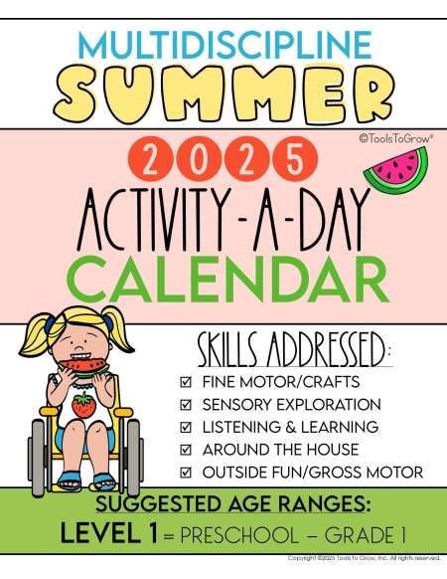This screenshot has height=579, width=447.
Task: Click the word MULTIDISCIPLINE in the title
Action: pos(224,45)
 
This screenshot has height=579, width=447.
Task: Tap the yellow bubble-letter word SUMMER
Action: pos(223,95)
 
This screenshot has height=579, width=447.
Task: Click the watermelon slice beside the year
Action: pos(397,172)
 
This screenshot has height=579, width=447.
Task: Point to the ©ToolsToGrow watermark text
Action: pos(396,138)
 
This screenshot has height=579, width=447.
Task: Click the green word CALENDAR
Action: pos(229,280)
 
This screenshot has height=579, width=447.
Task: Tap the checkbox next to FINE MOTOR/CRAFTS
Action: pos(186,382)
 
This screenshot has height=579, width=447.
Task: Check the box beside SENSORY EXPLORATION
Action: pos(186,405)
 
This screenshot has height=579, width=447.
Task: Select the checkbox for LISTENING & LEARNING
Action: pos(186,427)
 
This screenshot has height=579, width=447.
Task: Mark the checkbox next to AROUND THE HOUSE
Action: pos(186,450)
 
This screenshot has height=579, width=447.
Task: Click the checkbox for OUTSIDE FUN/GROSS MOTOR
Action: pos(186,473)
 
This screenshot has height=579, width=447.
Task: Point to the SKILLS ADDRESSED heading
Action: pos(294,349)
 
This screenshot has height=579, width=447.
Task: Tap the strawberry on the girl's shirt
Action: pos(83,405)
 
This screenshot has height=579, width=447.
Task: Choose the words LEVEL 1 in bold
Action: pos(109,534)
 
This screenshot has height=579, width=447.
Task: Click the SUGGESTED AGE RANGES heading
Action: pos(232,504)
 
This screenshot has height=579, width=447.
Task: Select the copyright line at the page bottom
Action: pos(364,558)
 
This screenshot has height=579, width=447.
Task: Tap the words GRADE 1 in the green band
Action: pos(365,535)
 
